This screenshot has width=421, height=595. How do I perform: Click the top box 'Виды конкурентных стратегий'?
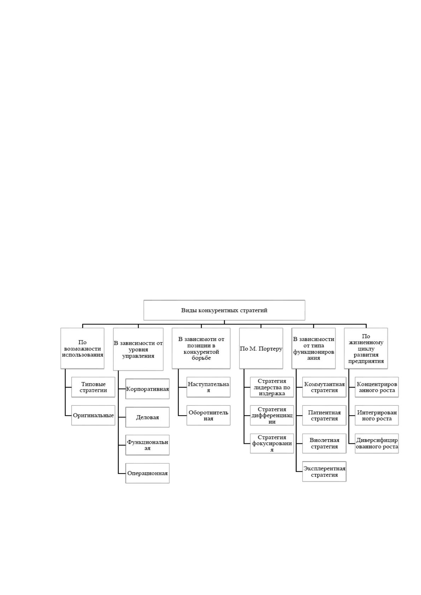[x=224, y=310]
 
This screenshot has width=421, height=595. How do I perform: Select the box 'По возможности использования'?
[x=82, y=348]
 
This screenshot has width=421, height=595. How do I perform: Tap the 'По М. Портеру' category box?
[x=261, y=348]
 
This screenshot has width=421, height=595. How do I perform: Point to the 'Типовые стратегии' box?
[x=93, y=387]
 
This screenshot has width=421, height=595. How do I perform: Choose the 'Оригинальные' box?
[x=93, y=415]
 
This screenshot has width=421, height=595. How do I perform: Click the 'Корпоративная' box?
[x=147, y=389]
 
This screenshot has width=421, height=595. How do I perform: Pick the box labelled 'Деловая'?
[x=147, y=417]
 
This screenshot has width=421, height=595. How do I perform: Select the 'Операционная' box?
[x=147, y=473]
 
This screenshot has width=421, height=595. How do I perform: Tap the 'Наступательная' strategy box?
[x=208, y=387]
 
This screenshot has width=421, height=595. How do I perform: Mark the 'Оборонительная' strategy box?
[x=208, y=415]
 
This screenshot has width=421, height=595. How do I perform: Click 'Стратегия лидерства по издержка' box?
[x=272, y=387]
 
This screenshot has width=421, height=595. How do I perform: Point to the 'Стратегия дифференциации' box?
[x=272, y=415]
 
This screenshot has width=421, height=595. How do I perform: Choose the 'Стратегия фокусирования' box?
[x=272, y=443]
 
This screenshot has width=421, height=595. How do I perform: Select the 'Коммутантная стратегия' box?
[x=324, y=387]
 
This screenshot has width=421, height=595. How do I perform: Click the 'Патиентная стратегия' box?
[x=324, y=415]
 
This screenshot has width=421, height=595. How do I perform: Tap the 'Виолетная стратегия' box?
[x=324, y=443]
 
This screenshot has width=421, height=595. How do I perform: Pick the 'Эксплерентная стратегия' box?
[x=324, y=471]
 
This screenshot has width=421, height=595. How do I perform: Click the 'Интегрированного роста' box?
[x=376, y=415]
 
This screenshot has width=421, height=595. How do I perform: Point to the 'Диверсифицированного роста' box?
[x=376, y=443]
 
